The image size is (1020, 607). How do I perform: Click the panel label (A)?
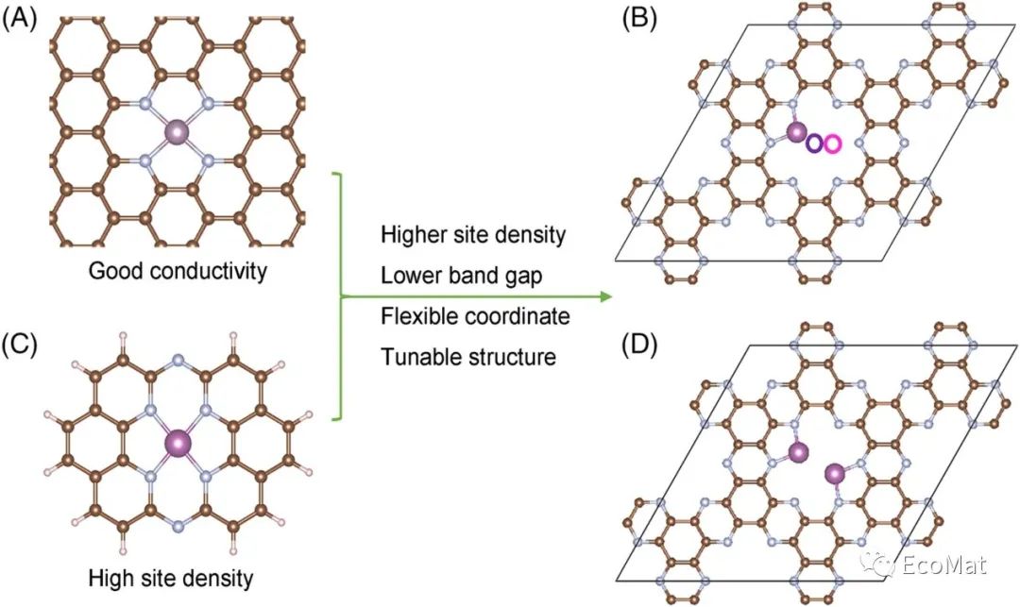coord(20,20)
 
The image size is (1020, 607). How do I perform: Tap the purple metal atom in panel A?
coord(177,132)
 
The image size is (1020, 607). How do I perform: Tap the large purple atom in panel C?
coord(178,442)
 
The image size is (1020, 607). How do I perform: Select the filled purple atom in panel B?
coord(796,132)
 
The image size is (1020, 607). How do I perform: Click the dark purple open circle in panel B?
coord(814,143)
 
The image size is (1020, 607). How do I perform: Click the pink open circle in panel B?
coord(832,143)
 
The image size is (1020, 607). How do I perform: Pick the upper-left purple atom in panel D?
coord(799,453)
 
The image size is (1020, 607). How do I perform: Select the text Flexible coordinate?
coord(475,316)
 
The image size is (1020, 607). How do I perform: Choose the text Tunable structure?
coord(467,357)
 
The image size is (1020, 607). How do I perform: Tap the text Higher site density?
coord(473,235)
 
